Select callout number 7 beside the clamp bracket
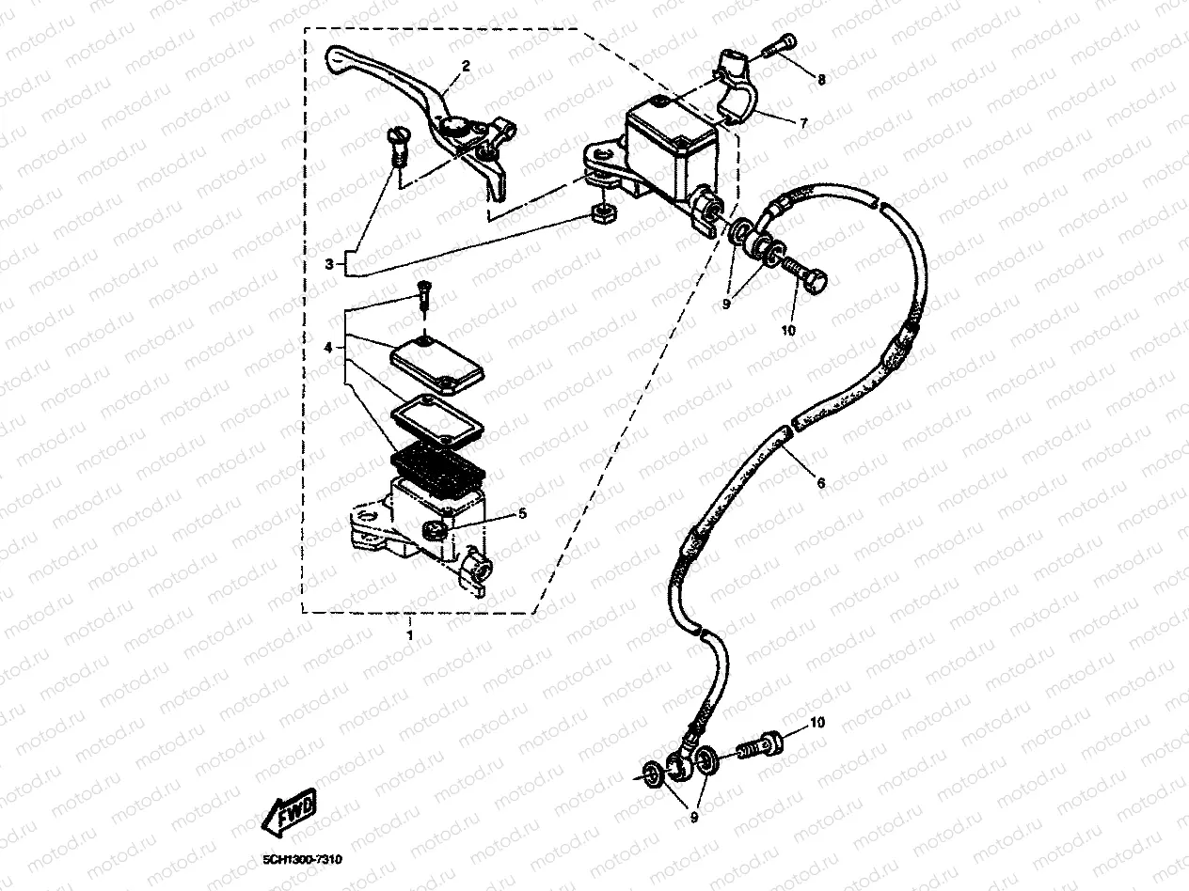[805, 122]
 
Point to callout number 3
[329, 264]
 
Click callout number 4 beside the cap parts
[329, 348]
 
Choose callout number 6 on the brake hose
[821, 483]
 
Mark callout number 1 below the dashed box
[409, 634]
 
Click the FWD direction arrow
[294, 812]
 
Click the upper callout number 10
[788, 330]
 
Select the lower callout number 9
[694, 819]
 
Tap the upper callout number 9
[726, 304]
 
